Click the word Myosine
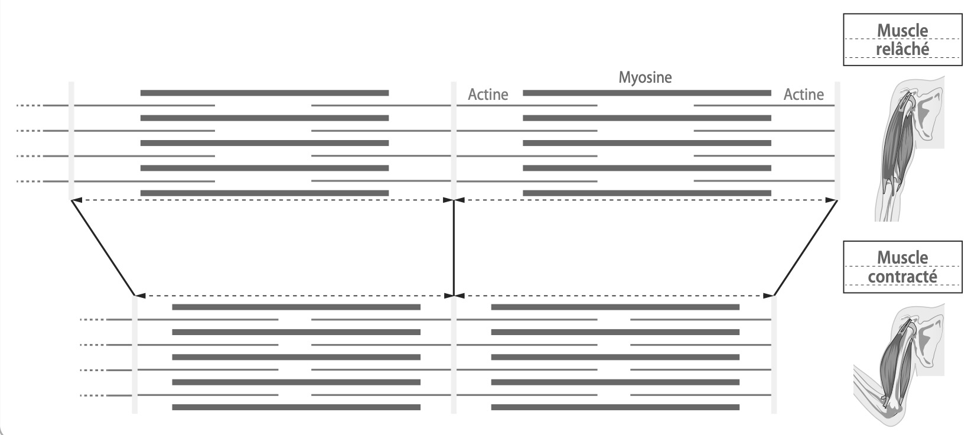pyautogui.click(x=645, y=77)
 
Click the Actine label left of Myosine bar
pyautogui.click(x=488, y=95)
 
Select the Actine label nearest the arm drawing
pyautogui.click(x=803, y=95)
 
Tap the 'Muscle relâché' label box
pyautogui.click(x=902, y=40)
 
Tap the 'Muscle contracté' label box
pyautogui.click(x=902, y=267)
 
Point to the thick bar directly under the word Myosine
pyautogui.click(x=647, y=93)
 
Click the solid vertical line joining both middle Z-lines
pyautogui.click(x=454, y=248)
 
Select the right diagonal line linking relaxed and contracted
pyautogui.click(x=806, y=248)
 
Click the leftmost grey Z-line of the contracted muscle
pyautogui.click(x=135, y=355)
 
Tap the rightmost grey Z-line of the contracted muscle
pyautogui.click(x=774, y=355)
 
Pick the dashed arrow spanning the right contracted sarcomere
pyautogui.click(x=614, y=295)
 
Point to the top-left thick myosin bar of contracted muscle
pyautogui.click(x=296, y=307)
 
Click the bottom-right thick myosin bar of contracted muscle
pyautogui.click(x=615, y=407)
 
